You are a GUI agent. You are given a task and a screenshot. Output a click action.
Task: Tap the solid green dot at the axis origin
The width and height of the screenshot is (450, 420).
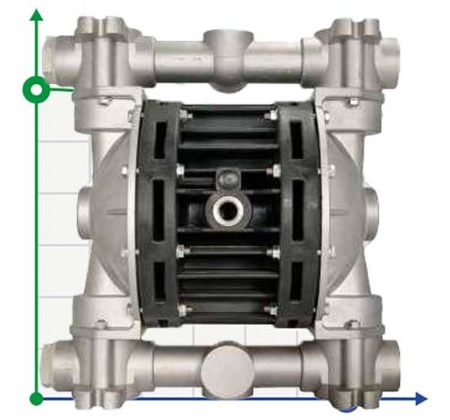point(36,397)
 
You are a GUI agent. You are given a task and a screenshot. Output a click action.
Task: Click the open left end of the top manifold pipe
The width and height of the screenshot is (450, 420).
point(57,49)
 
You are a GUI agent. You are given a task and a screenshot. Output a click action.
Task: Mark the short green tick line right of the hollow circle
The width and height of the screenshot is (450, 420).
point(60,87)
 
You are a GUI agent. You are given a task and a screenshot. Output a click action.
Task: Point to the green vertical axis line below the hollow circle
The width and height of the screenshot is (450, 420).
point(36,244)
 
